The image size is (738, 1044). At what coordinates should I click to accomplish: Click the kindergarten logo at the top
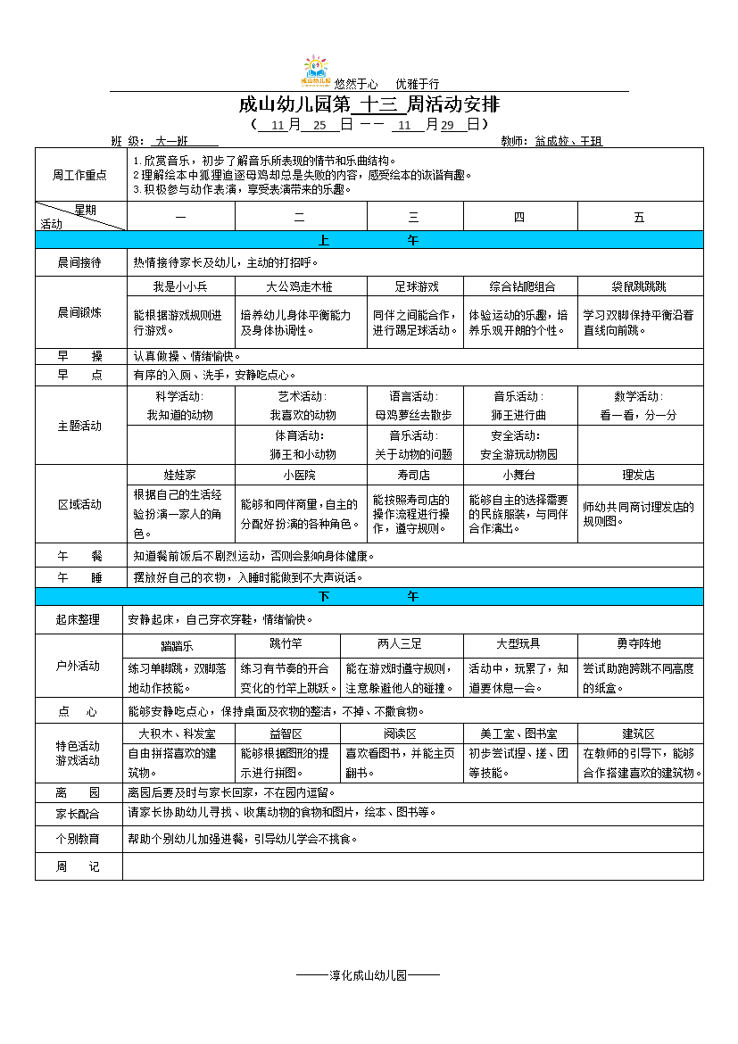(x=316, y=71)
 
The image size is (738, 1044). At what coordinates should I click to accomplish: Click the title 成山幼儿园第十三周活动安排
(x=369, y=104)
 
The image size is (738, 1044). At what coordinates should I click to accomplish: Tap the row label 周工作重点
(x=80, y=175)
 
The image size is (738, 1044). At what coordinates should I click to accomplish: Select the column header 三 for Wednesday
(x=414, y=217)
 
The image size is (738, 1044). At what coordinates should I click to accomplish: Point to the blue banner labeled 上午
(x=369, y=240)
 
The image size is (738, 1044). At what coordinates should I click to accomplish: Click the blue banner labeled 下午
(x=369, y=596)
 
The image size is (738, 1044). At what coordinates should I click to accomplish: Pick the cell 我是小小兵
(x=180, y=286)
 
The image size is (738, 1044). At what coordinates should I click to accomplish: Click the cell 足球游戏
(x=417, y=286)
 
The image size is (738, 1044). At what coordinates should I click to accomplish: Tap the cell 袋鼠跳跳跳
(x=639, y=286)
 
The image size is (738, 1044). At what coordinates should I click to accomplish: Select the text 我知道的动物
(x=180, y=415)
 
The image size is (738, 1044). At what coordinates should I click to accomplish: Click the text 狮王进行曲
(x=518, y=415)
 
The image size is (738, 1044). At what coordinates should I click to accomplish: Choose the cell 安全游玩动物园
(x=518, y=454)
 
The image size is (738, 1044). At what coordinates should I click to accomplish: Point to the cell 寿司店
(x=414, y=476)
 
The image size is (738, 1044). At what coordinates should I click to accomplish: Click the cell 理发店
(x=639, y=476)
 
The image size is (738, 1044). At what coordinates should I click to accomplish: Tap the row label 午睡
(x=80, y=577)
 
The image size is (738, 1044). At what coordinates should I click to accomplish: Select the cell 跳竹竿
(x=286, y=643)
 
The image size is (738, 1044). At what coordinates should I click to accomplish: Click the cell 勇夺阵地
(x=639, y=643)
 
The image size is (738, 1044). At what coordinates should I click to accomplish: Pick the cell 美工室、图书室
(x=518, y=733)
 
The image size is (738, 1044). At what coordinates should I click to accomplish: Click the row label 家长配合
(x=79, y=815)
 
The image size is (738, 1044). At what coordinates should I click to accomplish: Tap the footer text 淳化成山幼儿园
(x=368, y=975)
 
